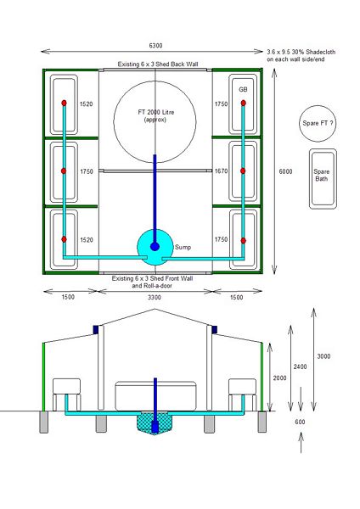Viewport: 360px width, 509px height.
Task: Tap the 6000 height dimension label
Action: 286,171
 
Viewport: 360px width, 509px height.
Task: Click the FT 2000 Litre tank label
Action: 155,115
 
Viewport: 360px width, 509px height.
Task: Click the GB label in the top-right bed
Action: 243,89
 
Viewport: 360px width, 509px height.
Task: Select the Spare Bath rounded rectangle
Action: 321,178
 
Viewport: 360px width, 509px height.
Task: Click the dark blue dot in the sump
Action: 155,247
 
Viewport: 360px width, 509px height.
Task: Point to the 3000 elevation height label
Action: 323,355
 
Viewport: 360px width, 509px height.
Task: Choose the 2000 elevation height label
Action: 279,378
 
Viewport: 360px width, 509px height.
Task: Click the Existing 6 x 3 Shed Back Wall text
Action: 155,64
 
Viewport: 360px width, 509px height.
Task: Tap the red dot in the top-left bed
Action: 65,103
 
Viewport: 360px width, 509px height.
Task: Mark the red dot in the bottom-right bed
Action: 245,240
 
